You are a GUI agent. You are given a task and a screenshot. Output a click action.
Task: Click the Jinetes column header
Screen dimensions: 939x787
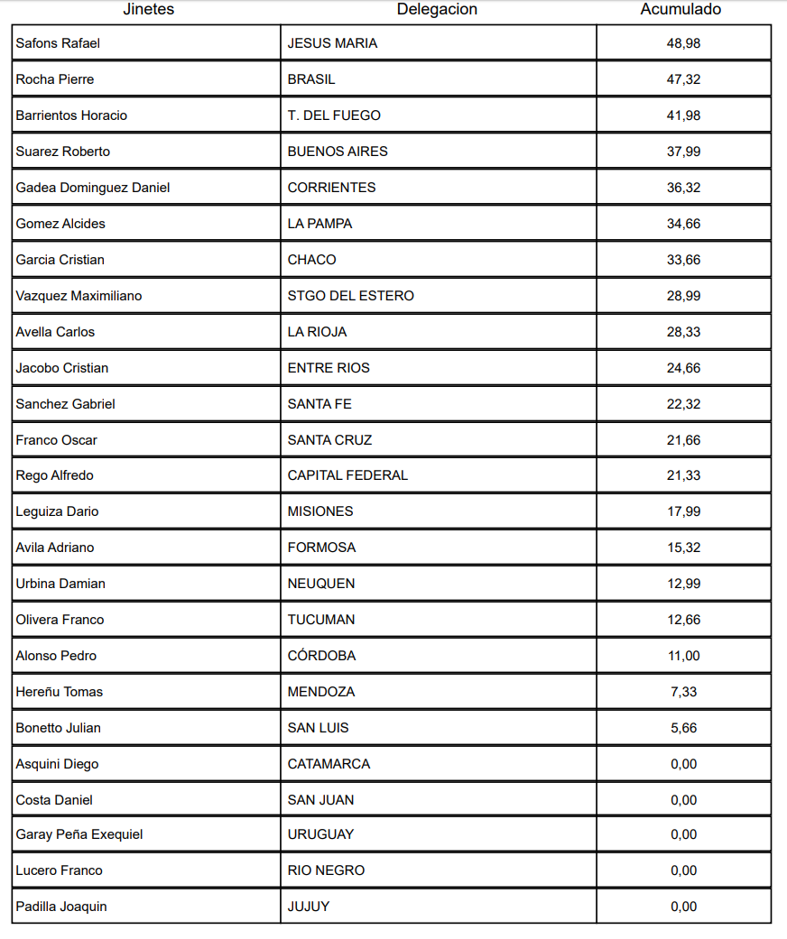[149, 10]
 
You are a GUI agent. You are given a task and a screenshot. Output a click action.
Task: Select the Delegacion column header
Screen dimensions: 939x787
[437, 10]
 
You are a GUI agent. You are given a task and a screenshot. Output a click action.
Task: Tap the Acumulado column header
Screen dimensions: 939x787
[681, 10]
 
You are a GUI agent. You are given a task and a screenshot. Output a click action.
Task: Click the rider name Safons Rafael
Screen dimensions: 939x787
[58, 43]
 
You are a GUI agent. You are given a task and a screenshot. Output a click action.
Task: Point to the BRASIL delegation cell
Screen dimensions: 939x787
[311, 79]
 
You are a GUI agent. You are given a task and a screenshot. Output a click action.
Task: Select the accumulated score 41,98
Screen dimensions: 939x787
[683, 115]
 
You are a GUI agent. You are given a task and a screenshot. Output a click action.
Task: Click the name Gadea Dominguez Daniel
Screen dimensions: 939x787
[93, 188]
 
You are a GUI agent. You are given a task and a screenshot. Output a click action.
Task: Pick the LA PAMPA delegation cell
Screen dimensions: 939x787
[319, 224]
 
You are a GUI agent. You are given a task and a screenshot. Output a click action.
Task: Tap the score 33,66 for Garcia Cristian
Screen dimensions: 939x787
[683, 260]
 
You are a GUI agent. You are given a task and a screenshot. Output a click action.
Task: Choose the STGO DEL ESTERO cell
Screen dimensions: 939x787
[351, 296]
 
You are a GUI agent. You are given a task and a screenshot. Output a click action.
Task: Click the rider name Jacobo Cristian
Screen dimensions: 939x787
[62, 368]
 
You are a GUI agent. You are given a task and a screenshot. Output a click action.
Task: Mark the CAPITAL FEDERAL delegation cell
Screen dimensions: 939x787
[347, 475]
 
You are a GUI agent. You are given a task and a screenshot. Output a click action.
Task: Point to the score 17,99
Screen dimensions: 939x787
[683, 511]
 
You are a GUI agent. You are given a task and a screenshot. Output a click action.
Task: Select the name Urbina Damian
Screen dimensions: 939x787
[60, 584]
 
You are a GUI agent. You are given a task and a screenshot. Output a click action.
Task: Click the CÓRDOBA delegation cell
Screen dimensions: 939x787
[321, 656]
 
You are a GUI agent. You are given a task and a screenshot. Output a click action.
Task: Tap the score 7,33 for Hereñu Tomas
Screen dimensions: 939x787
[683, 692]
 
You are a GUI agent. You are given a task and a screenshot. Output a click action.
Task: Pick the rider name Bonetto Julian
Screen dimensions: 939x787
[58, 728]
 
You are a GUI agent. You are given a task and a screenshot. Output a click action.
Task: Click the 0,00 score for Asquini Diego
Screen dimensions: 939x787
[683, 764]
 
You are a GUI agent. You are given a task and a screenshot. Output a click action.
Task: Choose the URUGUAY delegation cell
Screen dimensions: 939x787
[320, 834]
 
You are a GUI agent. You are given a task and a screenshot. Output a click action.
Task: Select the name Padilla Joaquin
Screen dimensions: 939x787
[61, 907]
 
